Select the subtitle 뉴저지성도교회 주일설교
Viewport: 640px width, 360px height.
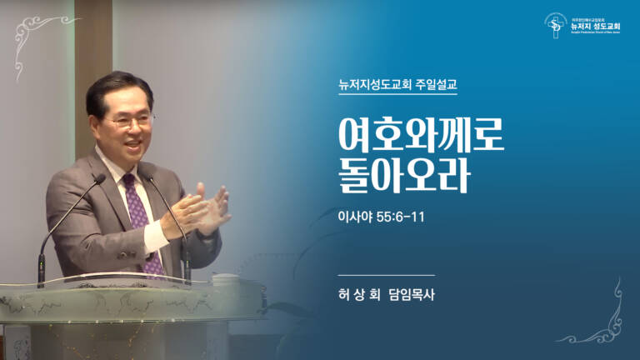coord(392,84)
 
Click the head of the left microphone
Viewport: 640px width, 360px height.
coord(99,178)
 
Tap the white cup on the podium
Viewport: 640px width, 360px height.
coord(226,281)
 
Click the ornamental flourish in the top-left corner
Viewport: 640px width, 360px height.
coord(33,34)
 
